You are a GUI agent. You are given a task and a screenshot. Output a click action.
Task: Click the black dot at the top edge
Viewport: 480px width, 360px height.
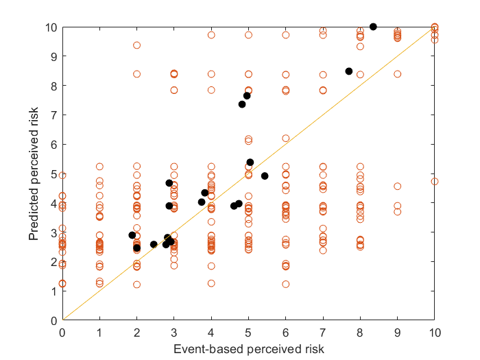click(373, 27)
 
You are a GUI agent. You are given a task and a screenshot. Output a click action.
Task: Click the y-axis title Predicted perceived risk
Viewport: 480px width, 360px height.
click(34, 173)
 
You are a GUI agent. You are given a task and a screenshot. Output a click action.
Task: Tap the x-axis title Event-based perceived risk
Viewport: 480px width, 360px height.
click(248, 349)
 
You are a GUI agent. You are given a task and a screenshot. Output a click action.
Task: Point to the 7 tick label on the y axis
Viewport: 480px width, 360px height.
click(54, 115)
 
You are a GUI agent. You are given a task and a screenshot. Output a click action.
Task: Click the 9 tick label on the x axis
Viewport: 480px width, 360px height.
click(397, 333)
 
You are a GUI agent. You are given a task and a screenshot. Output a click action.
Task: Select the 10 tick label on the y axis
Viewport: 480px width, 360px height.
click(51, 27)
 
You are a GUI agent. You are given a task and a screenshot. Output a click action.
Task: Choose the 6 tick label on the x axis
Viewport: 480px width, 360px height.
click(286, 333)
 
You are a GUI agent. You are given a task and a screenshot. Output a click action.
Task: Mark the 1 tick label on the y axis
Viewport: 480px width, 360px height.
click(54, 291)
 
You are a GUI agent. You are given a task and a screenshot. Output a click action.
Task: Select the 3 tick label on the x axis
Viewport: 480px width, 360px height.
click(174, 333)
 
